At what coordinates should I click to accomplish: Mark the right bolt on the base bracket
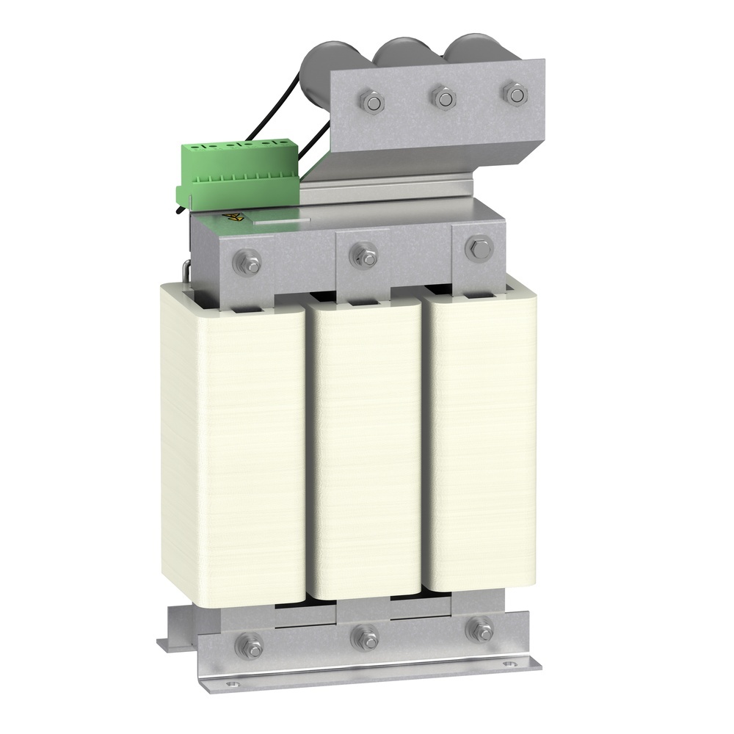(481, 629)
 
